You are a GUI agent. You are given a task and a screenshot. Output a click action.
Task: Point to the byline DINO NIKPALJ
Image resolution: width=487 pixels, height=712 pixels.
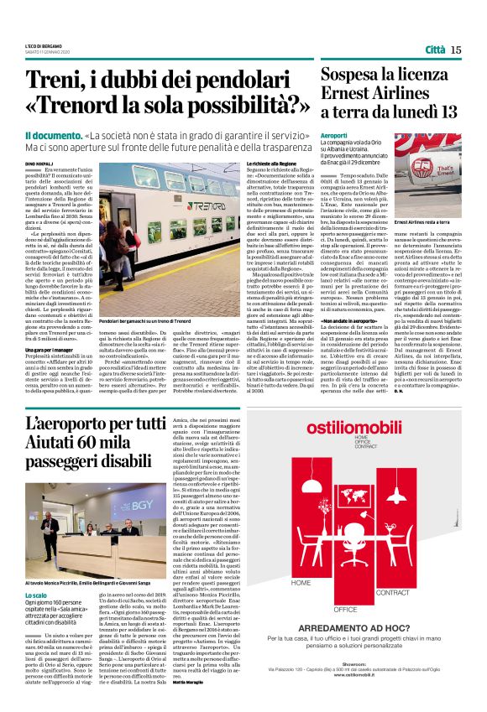(39, 161)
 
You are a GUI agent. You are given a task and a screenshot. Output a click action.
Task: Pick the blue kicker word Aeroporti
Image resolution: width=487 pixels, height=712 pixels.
(334, 135)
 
